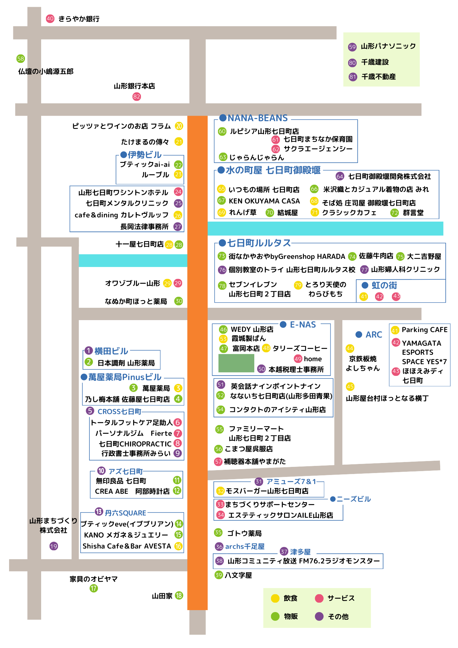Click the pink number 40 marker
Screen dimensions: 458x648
point(50,18)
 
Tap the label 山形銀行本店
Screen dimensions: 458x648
point(134,86)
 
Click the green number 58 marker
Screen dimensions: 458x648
point(21,59)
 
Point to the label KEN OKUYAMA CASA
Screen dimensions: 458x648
point(264,201)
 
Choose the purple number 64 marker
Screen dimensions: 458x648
point(339,176)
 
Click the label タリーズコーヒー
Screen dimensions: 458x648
point(300,348)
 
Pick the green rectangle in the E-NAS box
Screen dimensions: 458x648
point(236,363)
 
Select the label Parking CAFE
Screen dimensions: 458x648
point(425,330)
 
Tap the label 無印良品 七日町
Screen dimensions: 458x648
point(121,481)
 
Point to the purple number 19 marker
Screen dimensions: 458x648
point(54,546)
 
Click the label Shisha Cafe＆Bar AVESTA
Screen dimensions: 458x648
point(127,546)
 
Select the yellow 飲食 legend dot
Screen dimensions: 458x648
point(275,598)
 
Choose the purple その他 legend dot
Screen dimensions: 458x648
point(319,616)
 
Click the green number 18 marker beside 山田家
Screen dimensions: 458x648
point(179,596)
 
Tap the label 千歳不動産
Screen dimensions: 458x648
point(378,77)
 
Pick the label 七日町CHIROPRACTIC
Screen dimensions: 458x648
point(135,444)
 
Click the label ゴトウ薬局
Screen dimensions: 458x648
point(244,533)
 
